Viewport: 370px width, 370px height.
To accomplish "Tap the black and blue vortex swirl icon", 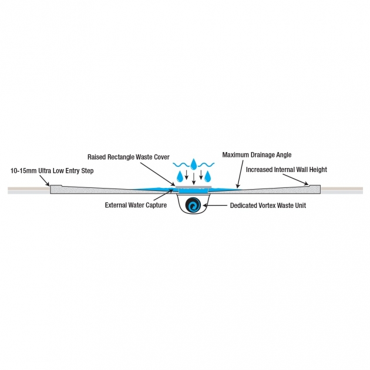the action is [193, 204].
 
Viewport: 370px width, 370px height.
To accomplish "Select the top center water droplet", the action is [193, 164].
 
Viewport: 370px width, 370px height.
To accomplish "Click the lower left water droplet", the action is [180, 176].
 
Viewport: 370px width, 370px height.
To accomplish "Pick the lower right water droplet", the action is [207, 176].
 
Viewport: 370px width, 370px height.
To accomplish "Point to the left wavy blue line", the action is [181, 164].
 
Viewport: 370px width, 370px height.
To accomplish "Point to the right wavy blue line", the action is [206, 164].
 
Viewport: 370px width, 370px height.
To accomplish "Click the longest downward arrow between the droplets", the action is [194, 179].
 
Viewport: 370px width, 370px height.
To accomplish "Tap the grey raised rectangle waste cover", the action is [193, 187].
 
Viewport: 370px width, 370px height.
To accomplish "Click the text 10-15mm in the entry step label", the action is [23, 170].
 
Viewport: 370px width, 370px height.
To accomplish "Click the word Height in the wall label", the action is [318, 170].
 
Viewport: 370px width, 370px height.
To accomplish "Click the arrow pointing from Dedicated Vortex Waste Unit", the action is [215, 206].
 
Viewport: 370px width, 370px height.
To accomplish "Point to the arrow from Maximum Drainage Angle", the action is [240, 174].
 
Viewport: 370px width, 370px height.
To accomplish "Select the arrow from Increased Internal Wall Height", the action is [295, 180].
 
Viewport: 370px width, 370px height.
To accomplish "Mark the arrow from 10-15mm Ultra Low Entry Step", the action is [45, 181].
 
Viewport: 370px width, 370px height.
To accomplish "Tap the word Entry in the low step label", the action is [73, 171].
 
